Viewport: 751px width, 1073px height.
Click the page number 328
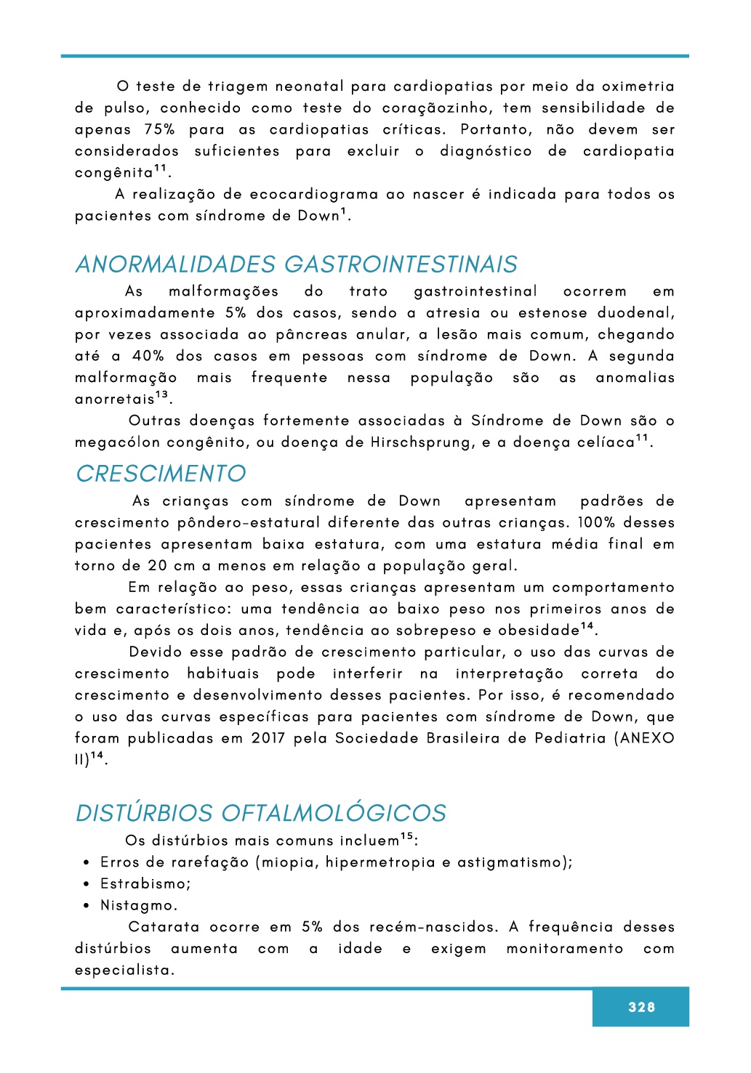click(x=641, y=1007)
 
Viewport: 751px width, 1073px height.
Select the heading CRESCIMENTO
click(x=161, y=474)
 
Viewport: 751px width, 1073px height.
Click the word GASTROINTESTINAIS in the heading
click(x=401, y=264)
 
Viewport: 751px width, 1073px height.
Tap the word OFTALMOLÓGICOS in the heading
click(x=334, y=813)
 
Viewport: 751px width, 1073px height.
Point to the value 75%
click(x=159, y=129)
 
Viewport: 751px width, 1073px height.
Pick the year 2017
click(x=268, y=738)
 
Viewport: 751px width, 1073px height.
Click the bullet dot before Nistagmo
click(x=86, y=906)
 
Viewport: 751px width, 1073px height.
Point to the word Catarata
click(x=164, y=927)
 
